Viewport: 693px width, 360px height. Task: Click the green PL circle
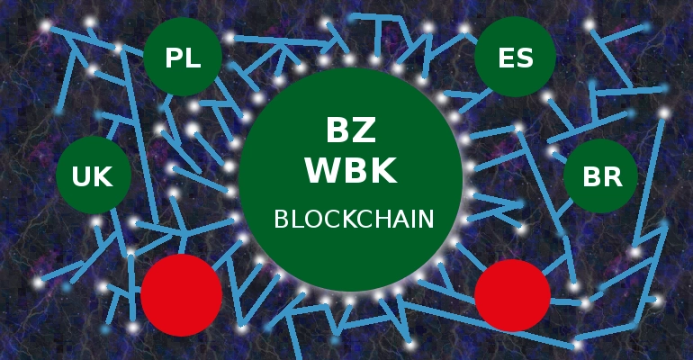coord(183,58)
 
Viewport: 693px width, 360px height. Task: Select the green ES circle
coord(516,58)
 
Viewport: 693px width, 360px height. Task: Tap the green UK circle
coord(93,176)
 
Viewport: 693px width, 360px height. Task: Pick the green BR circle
coord(601,176)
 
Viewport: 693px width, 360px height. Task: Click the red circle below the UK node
coord(181,294)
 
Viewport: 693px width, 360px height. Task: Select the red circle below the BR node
coord(512,294)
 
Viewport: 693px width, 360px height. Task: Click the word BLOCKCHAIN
coord(354,219)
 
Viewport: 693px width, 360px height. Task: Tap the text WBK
coord(351,170)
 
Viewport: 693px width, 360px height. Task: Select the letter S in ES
coord(525,59)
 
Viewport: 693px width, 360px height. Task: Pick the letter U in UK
coord(81,177)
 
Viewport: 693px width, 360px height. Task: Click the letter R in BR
coord(613,177)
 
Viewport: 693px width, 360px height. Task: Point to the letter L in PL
coord(193,59)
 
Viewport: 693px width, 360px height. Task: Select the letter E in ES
coord(507,59)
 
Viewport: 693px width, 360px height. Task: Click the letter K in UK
coord(103,177)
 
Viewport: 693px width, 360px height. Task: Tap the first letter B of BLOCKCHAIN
coord(280,219)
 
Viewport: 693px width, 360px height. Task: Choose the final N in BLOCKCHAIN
coord(427,219)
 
